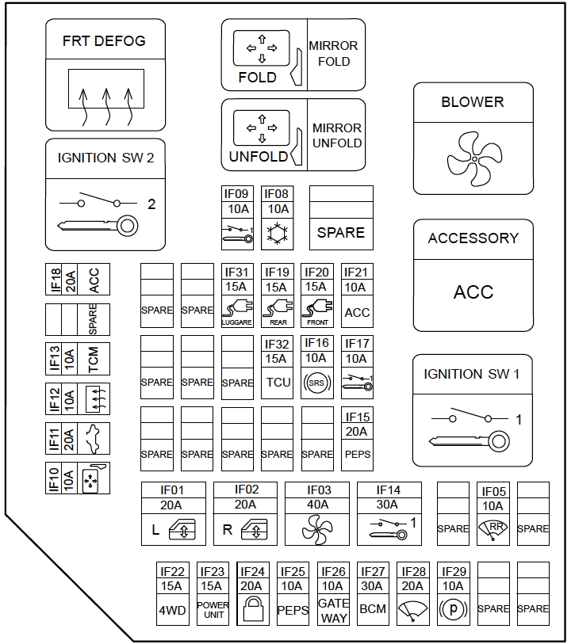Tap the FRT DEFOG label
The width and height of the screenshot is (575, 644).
[104, 41]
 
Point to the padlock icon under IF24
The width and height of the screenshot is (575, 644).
[252, 610]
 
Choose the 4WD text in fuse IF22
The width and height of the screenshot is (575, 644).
[172, 610]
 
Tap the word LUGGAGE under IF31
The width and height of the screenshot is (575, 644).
[236, 322]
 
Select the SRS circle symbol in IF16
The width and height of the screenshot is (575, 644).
[316, 383]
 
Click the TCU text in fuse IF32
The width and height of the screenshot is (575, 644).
[277, 383]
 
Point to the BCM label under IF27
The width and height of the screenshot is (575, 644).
[373, 610]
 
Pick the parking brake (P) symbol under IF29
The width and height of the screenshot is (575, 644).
[453, 610]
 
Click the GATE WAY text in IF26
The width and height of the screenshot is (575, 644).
[333, 610]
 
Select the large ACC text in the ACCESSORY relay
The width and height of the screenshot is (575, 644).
[473, 292]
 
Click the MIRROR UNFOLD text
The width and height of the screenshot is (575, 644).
[336, 135]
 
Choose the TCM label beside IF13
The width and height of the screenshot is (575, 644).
[94, 359]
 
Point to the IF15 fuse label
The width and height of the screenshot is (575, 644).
[357, 417]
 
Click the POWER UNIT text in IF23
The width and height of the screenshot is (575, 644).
[213, 610]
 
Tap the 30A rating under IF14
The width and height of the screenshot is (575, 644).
[389, 505]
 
